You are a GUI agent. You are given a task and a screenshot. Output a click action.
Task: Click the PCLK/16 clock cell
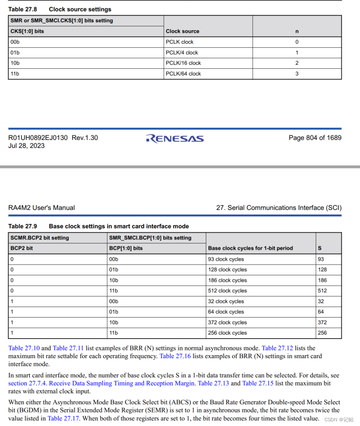coord(183,63)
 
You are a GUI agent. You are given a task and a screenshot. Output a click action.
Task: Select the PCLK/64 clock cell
coord(183,74)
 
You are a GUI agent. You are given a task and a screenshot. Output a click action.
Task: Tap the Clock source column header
coord(182,31)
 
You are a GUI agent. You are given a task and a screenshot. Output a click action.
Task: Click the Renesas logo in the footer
coord(175,138)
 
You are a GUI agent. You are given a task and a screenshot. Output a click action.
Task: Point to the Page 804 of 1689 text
coord(315,138)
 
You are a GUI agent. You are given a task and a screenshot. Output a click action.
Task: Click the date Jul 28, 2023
coord(26,146)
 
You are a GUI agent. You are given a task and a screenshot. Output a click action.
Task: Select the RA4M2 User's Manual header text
coord(41,208)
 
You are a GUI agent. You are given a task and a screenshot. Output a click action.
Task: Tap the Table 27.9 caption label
coord(23,226)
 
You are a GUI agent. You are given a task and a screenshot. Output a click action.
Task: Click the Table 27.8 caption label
coord(23,9)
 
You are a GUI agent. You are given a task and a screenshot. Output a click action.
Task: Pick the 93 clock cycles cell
coord(226,259)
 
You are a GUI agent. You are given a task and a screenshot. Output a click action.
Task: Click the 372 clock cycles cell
coord(227,323)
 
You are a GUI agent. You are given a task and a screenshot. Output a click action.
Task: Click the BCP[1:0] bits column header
coord(126,248)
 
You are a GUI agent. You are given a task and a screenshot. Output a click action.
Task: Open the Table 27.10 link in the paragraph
coord(24,348)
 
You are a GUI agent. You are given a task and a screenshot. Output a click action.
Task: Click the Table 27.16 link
coord(175,356)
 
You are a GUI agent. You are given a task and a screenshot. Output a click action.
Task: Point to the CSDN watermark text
coord(341,420)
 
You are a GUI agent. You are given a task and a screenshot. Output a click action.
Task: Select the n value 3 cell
coord(297,74)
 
